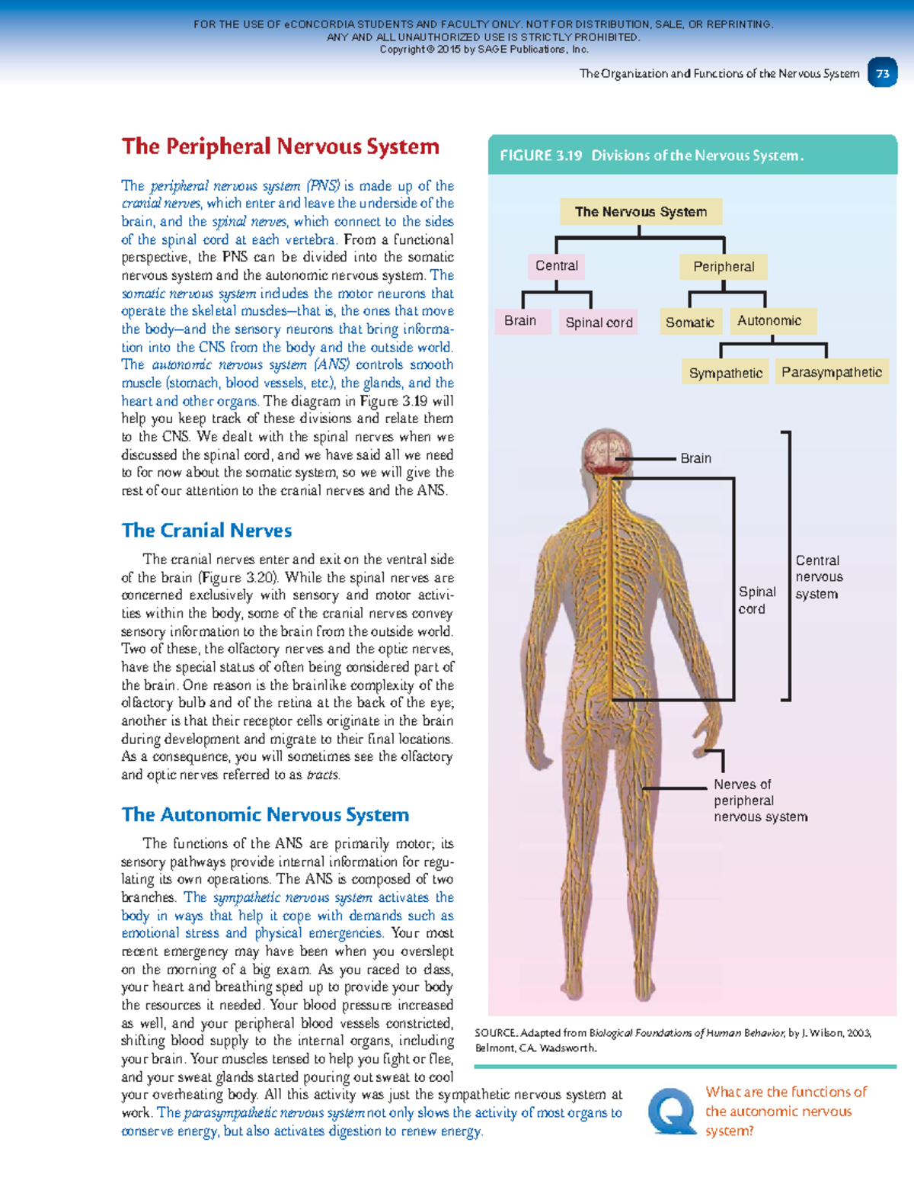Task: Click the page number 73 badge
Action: coord(883,74)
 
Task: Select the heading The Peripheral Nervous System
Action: coord(280,146)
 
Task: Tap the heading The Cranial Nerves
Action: coord(206,531)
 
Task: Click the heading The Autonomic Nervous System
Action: coord(265,815)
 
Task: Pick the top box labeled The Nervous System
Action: coord(641,212)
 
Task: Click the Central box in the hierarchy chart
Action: coord(557,266)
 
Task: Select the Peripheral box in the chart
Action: coord(724,267)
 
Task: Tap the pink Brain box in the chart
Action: coord(520,321)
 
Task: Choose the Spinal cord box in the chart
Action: coord(599,322)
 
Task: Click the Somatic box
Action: coord(689,322)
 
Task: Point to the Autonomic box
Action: coord(769,321)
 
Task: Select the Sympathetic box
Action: coord(725,373)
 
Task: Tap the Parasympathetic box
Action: coord(831,372)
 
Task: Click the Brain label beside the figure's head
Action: coord(695,458)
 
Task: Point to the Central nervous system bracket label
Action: coord(818,577)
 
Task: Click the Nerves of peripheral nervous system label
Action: coord(760,801)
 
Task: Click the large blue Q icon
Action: coord(672,1111)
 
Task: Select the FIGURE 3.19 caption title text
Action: coord(651,156)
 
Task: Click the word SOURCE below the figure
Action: coord(496,1033)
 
